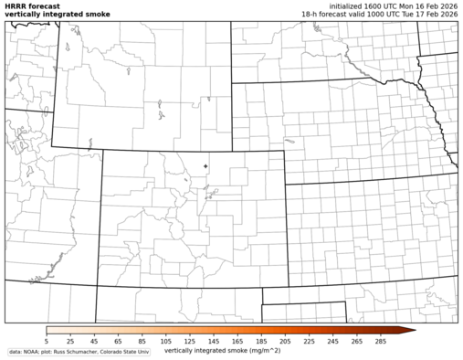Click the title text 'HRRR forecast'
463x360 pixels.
pos(32,5)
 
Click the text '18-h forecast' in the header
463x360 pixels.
pos(322,15)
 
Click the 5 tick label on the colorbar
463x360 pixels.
pos(47,340)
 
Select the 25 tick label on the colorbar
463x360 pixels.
pos(70,340)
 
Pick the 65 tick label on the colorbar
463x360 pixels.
pos(118,340)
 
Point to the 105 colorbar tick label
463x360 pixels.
pos(165,340)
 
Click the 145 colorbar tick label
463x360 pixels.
pos(214,340)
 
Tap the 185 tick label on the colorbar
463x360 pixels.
pos(261,340)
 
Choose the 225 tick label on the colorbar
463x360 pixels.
pos(309,340)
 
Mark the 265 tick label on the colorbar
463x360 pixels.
pos(356,340)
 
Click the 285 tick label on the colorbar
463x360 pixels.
pos(380,340)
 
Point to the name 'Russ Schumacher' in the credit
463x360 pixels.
pos(77,352)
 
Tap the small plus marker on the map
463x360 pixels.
pos(206,165)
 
